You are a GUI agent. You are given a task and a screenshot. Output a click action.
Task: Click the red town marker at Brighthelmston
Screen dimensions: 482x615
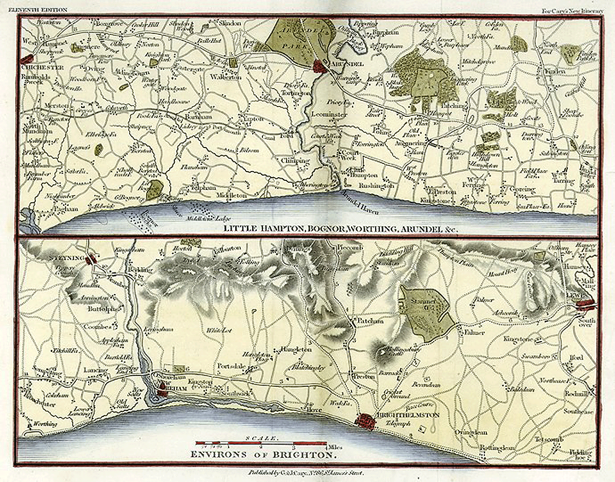tap(366, 421)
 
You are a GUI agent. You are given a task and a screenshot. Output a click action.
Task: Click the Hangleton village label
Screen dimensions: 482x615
tap(296, 349)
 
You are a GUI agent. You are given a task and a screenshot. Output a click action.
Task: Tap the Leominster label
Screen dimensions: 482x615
tap(329, 115)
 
